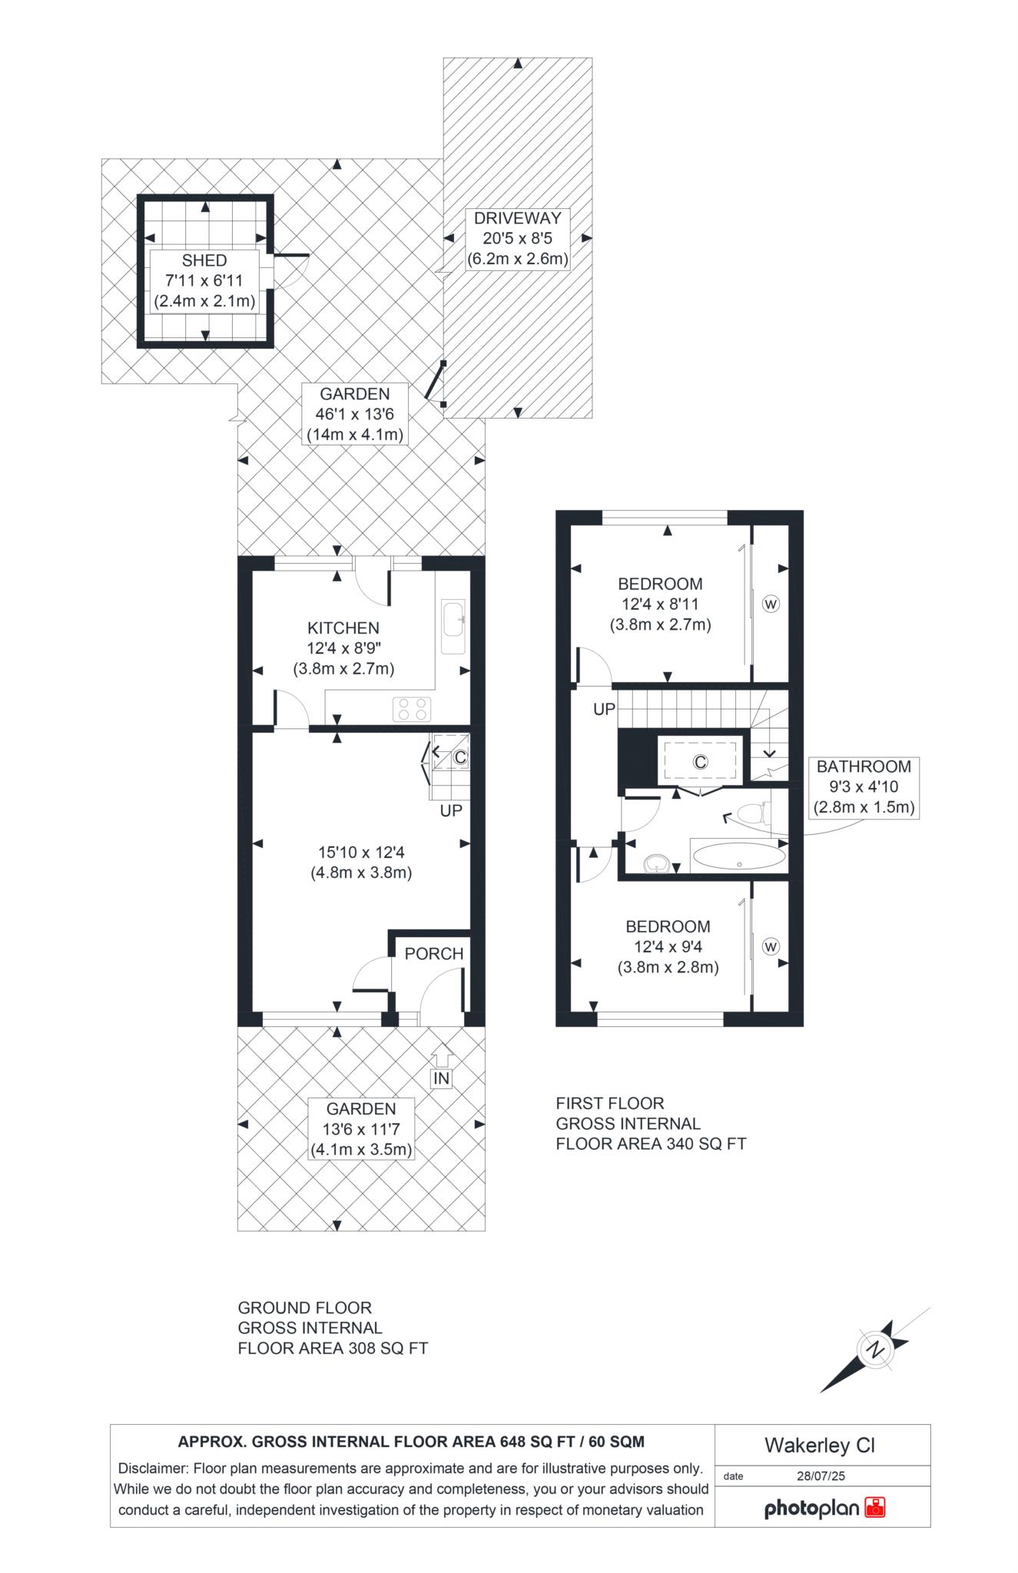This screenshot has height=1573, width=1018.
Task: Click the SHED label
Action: coord(204,260)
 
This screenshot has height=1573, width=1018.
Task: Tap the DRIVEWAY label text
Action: coord(517,217)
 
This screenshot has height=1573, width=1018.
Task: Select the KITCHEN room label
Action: coord(343,628)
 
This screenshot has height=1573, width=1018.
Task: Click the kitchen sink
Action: coord(453,627)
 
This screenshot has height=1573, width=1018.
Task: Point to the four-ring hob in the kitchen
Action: coord(413,708)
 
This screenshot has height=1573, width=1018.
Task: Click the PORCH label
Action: coord(434,954)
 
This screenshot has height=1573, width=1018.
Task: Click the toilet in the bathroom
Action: coord(752,814)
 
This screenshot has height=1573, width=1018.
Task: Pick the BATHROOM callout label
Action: coord(864,767)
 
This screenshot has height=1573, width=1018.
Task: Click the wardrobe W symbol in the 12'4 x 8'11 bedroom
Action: coord(771,604)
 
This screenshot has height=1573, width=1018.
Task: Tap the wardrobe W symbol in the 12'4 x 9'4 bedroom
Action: coord(771,947)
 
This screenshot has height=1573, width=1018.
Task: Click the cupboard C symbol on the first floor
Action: coord(700,762)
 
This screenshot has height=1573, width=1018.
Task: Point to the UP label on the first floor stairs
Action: coord(605,710)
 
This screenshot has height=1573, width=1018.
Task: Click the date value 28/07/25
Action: coord(821,1475)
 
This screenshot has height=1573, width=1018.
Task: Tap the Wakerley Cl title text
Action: coord(820,1446)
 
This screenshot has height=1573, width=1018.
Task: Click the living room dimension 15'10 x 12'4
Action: coord(361,852)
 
